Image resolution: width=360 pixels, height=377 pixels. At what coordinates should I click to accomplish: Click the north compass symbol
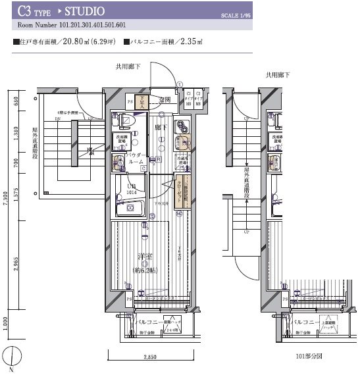coord(11,359)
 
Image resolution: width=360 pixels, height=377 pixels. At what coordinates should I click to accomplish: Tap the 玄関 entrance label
coord(165,99)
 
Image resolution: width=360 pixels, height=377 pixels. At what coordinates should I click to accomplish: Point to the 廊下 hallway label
coord(161,122)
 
